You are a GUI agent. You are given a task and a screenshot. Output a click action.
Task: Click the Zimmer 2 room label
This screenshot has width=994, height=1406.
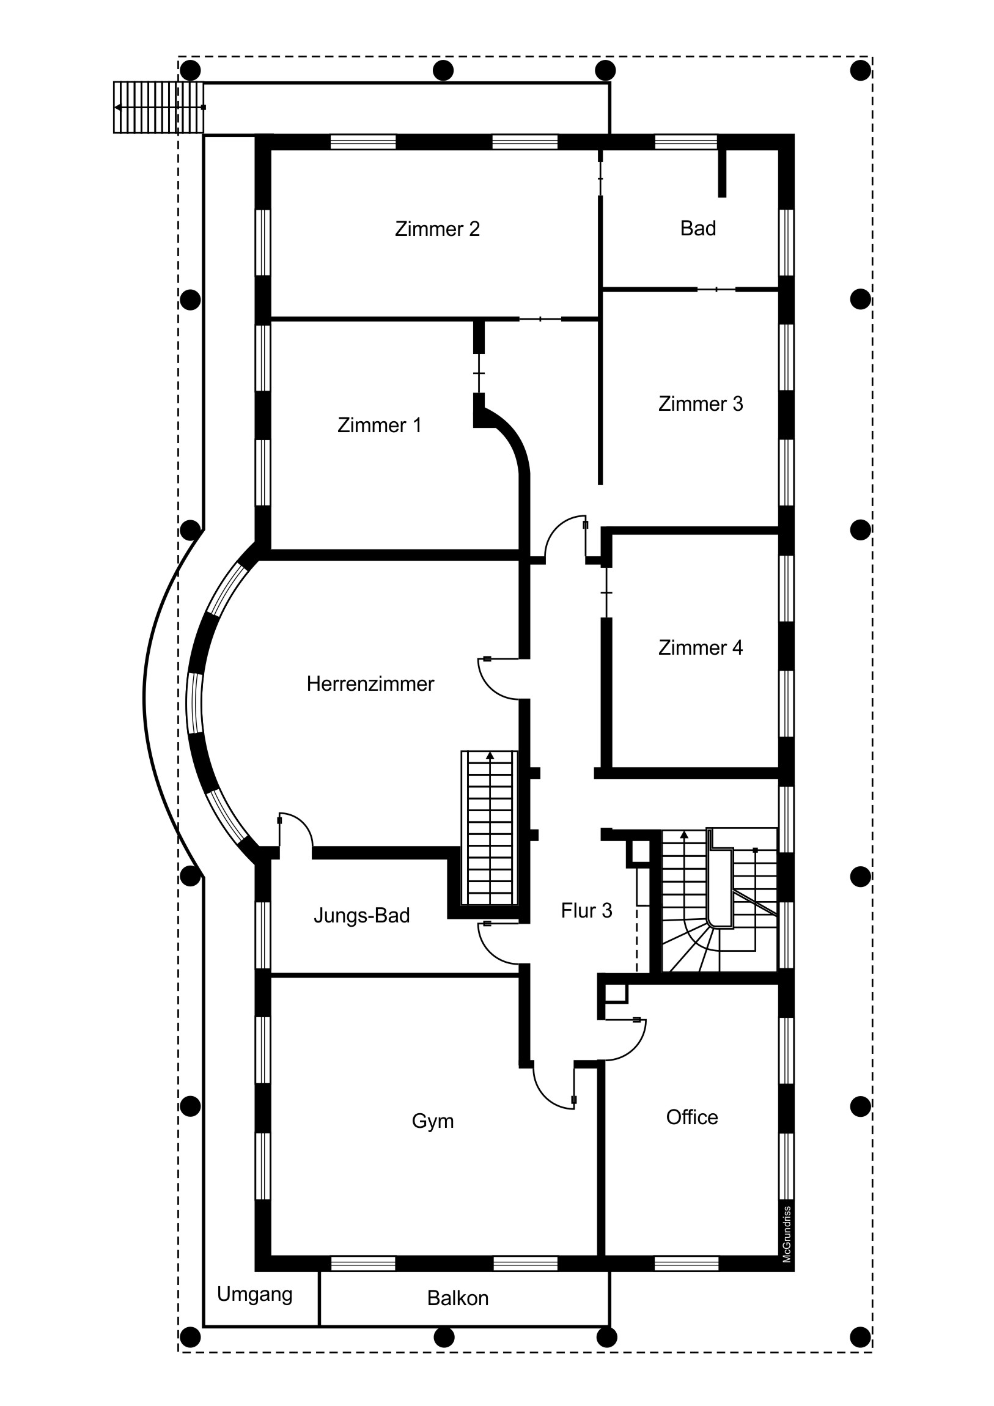click(436, 229)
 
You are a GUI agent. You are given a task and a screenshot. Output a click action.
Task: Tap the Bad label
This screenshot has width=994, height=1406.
click(698, 229)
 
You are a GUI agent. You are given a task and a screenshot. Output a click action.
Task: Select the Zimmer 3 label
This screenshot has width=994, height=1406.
click(700, 404)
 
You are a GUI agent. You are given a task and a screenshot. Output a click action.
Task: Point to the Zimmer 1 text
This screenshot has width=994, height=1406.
click(379, 425)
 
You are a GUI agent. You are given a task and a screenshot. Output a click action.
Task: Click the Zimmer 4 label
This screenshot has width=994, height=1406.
click(700, 648)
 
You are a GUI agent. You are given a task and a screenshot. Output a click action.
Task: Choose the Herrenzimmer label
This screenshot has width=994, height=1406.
click(370, 684)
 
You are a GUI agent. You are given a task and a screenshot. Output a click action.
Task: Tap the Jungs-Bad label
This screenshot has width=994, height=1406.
click(361, 916)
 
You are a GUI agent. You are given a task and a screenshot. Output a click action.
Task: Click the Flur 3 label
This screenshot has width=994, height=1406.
click(586, 911)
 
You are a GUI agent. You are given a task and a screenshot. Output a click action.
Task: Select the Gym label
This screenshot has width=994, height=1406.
click(432, 1121)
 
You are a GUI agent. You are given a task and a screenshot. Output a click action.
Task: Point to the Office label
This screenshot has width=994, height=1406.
click(691, 1117)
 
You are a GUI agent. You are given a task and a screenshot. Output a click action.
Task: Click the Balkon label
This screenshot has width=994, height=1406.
click(457, 1298)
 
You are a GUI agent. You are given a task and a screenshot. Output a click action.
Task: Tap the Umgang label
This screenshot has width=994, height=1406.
click(255, 1294)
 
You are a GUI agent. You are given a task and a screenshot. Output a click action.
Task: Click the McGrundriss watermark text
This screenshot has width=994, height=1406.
click(787, 1235)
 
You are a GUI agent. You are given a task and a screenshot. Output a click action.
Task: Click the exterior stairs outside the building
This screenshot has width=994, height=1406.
click(158, 107)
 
